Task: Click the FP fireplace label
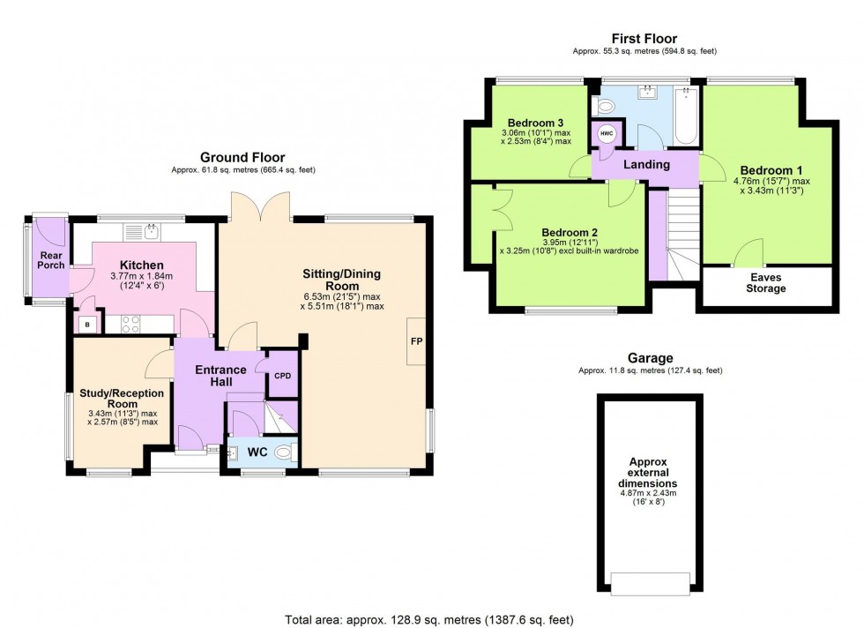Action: [415, 340]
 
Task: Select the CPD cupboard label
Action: [282, 376]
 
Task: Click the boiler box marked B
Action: [86, 325]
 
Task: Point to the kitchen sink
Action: [151, 232]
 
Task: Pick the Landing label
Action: [646, 165]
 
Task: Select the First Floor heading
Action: [644, 38]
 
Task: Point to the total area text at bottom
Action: [432, 619]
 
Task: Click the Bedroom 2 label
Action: [570, 231]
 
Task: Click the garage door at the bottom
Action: [650, 583]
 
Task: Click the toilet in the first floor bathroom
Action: [605, 107]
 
